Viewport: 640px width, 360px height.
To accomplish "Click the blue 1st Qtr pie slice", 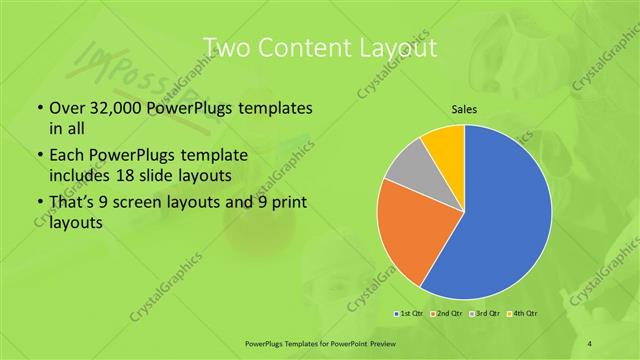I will (x=505, y=220).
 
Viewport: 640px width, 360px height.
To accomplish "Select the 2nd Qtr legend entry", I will (x=449, y=314).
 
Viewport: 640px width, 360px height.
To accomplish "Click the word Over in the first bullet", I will (x=67, y=107).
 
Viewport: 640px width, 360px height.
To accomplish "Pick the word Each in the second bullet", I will (x=67, y=156).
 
